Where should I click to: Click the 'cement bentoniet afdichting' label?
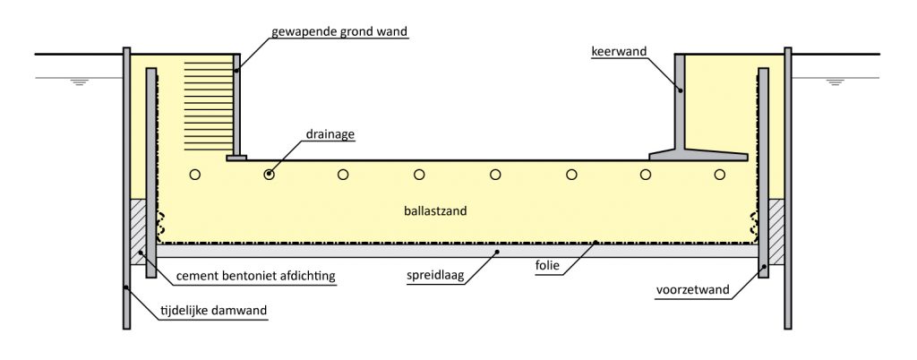pos(255,276)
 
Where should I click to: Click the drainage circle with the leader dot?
pos(268,174)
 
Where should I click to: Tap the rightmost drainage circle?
pos(721,174)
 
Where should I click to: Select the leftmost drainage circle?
pos(194,174)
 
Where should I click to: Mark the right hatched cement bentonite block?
pos(776,230)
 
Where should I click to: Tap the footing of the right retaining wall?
pos(698,155)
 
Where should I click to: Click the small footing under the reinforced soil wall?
pos(236,159)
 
